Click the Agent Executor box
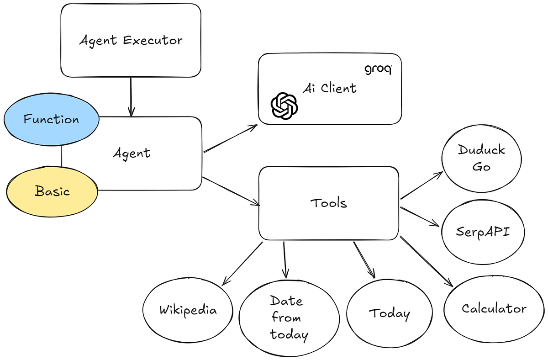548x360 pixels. click(131, 40)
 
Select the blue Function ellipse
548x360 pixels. click(51, 120)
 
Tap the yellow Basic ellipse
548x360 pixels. click(52, 191)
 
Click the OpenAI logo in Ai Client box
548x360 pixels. click(285, 106)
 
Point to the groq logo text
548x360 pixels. click(378, 70)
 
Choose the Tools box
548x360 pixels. click(329, 203)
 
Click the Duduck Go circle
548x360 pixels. click(481, 158)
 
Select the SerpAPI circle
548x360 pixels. click(483, 232)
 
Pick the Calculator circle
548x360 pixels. click(494, 308)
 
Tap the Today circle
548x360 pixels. click(389, 313)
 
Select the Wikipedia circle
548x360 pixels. click(188, 310)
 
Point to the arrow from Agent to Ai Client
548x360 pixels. click(231, 138)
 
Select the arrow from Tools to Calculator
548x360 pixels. click(426, 261)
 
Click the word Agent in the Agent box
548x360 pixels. click(132, 153)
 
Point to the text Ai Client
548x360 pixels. click(330, 88)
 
